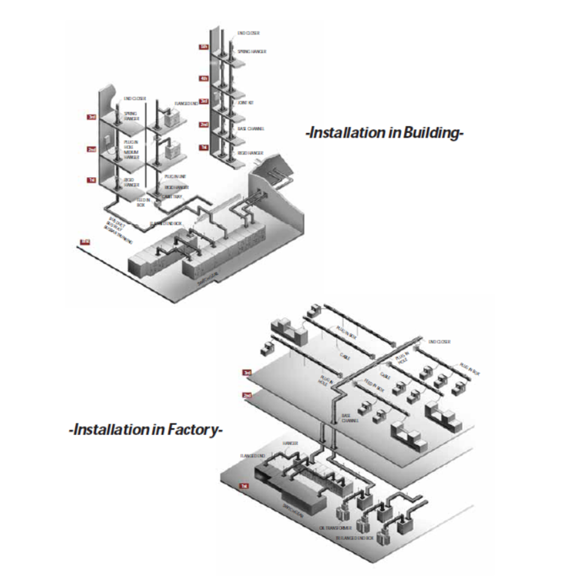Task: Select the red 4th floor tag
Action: coord(204,78)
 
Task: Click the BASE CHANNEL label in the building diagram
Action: coord(251,128)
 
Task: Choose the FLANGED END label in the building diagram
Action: coord(186,103)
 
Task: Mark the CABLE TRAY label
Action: coord(173,196)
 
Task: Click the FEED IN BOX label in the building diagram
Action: coord(141,202)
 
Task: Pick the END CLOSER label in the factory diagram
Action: coord(439,342)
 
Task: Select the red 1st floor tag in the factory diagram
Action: coord(244,486)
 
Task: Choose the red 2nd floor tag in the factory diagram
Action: coord(247,395)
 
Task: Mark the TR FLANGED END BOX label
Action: coord(356,538)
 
